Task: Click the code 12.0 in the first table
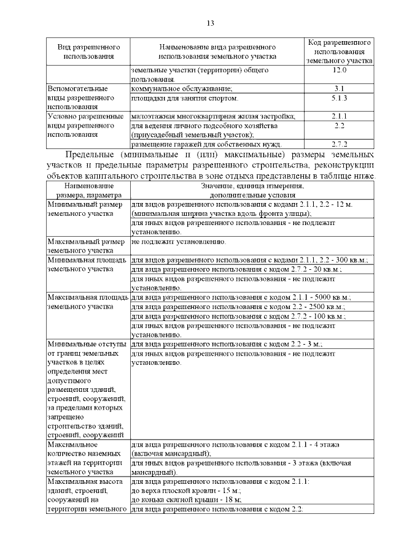click(339, 71)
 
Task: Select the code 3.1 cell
click(339, 89)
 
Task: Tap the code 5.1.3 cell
click(339, 98)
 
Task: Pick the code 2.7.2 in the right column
click(339, 144)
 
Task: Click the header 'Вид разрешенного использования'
click(88, 52)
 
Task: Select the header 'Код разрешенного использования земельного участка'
click(339, 52)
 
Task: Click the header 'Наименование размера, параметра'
click(87, 189)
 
